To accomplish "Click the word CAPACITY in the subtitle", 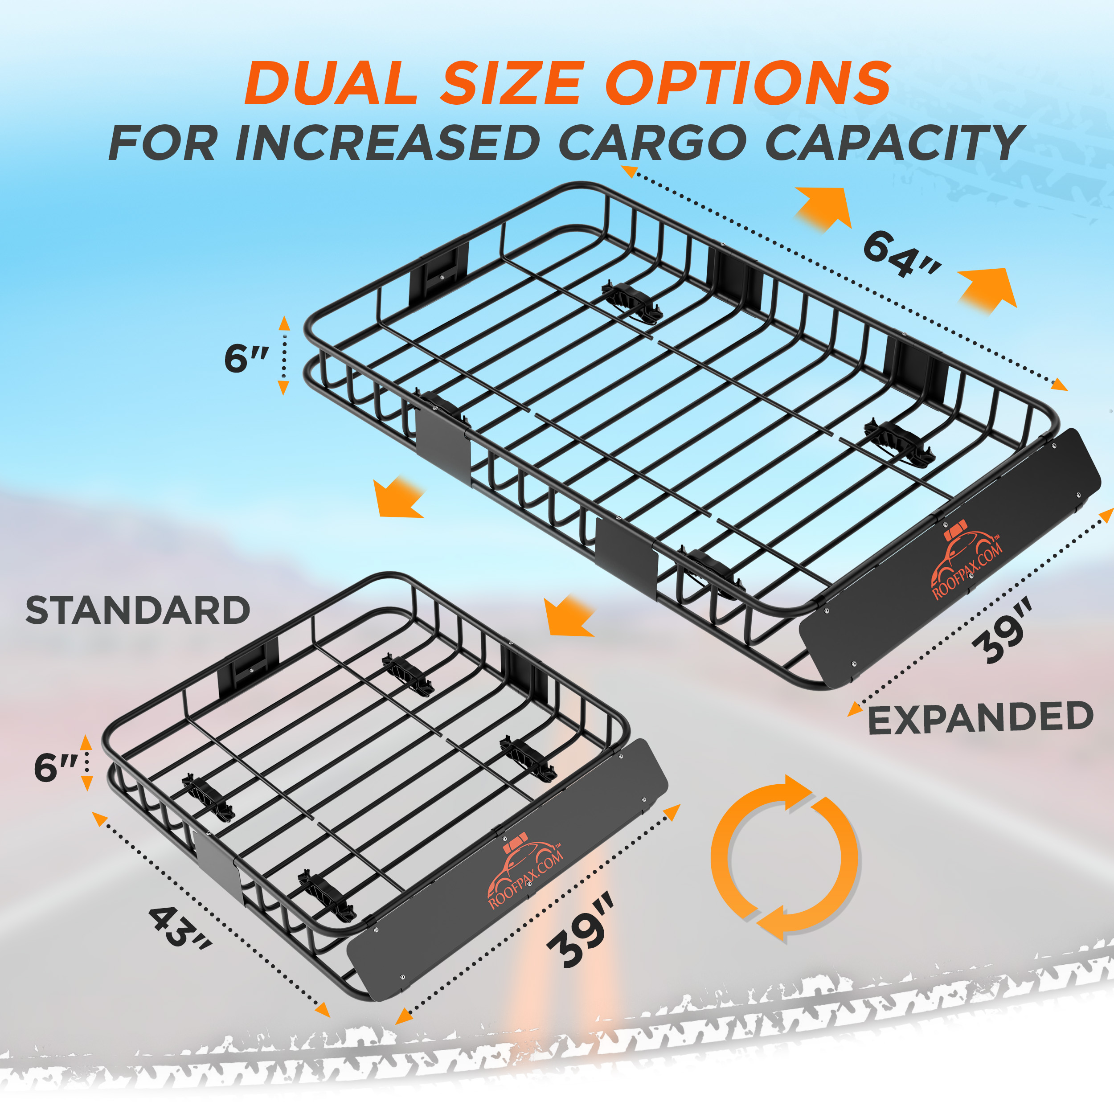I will (894, 143).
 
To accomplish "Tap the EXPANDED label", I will (980, 718).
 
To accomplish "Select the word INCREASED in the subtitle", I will (387, 143).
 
